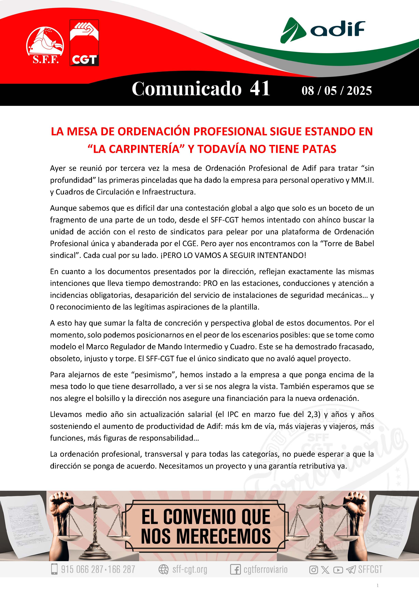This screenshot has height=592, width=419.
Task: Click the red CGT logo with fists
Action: [84, 43]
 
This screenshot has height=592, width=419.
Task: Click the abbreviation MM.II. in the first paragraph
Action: [362, 180]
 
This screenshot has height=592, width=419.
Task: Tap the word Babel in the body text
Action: [364, 244]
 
